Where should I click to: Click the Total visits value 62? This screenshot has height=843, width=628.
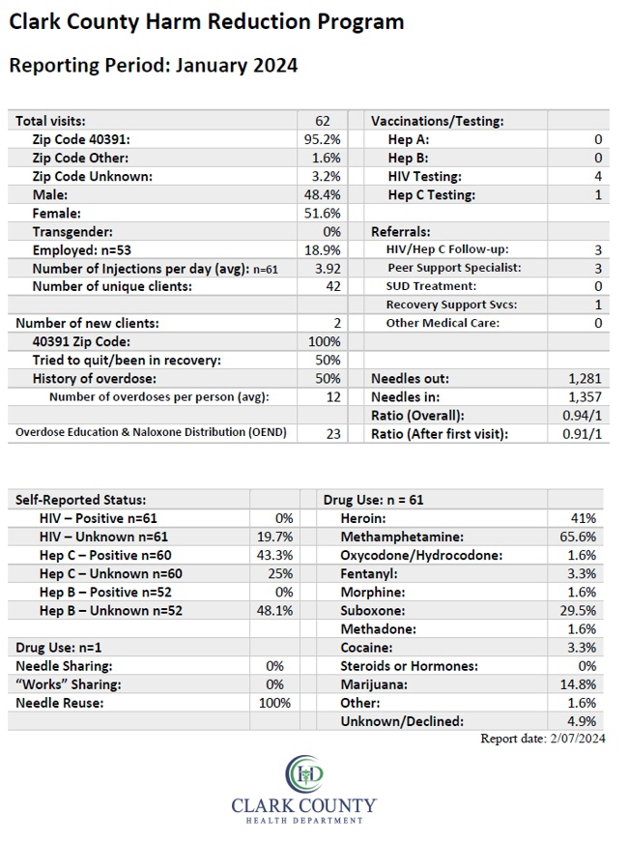[x=323, y=121]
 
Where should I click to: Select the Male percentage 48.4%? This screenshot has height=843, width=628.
[x=323, y=194]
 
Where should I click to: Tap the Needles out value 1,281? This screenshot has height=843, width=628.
[x=585, y=379]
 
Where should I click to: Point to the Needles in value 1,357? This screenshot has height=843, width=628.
[x=585, y=396]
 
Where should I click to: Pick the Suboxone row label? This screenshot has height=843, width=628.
[x=373, y=611]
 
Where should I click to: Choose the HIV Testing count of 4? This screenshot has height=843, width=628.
[x=598, y=176]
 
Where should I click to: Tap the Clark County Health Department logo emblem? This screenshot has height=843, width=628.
[x=304, y=774]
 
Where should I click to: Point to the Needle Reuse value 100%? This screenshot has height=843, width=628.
[x=274, y=703]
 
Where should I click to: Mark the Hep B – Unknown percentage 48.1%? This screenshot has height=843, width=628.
[x=274, y=611]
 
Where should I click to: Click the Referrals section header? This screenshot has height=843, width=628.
[x=401, y=232]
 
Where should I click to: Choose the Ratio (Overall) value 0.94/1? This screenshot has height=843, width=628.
[x=583, y=416]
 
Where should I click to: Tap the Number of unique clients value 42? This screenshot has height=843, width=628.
[x=333, y=286]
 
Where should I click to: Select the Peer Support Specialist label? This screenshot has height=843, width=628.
[x=454, y=268]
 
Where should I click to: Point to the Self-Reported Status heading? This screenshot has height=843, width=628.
[x=80, y=500]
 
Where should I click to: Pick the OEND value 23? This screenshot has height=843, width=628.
[x=333, y=434]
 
